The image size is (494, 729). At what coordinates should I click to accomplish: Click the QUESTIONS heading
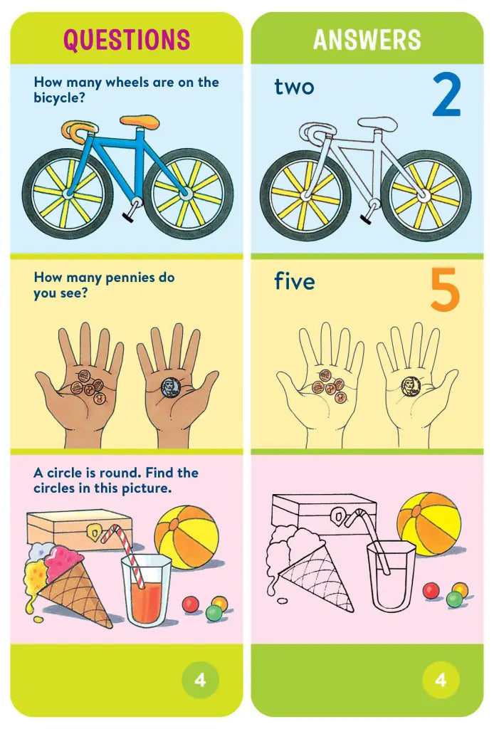(127, 40)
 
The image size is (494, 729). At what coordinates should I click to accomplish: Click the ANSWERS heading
(367, 40)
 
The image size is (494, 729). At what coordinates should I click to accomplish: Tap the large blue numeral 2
(446, 95)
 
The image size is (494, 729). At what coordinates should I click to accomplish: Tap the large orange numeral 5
(445, 290)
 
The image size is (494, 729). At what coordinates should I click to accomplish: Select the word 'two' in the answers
(294, 88)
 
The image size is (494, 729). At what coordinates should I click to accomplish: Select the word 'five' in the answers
(295, 282)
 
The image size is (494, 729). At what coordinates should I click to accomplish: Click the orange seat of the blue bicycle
(140, 122)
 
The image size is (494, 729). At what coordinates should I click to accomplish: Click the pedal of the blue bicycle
(130, 213)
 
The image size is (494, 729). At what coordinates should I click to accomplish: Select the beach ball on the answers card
(429, 523)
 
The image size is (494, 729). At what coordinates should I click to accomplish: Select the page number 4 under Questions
(200, 680)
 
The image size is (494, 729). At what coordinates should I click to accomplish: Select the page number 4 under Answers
(441, 680)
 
